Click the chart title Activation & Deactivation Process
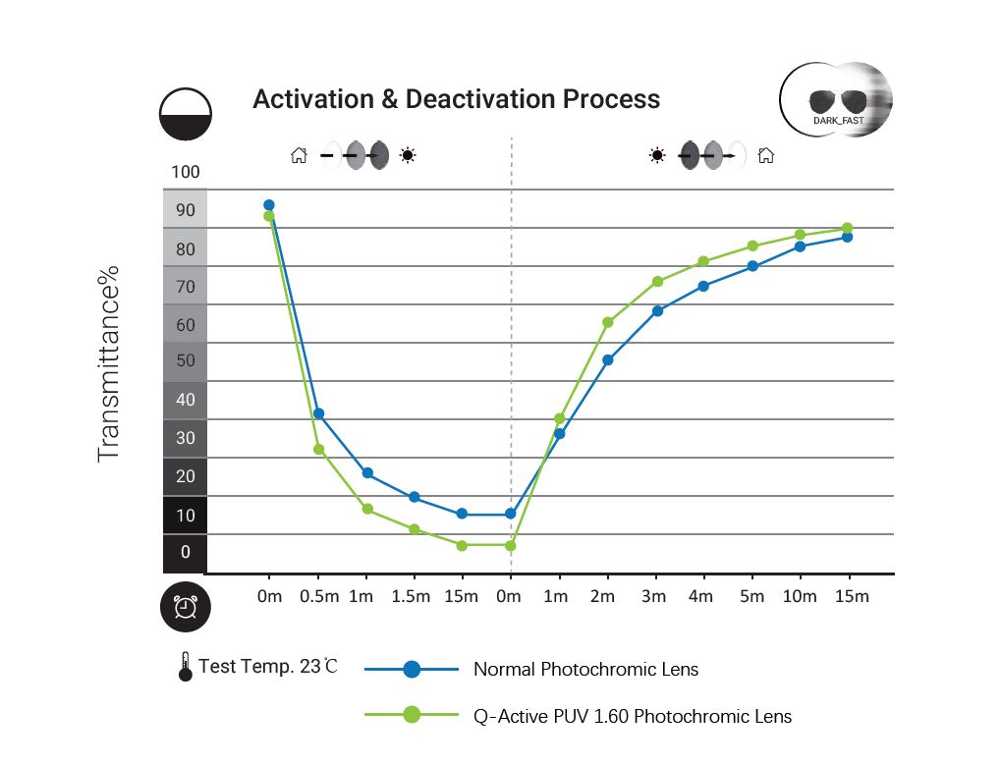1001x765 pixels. tap(456, 99)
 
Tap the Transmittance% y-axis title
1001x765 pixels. tap(108, 362)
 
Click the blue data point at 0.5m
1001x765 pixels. tap(318, 413)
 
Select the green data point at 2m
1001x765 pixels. tap(608, 322)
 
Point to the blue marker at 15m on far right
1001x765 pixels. tap(848, 237)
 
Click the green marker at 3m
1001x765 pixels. tap(657, 281)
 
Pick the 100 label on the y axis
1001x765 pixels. tap(185, 172)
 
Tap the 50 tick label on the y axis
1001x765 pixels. tap(185, 360)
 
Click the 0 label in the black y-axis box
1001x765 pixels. tap(185, 552)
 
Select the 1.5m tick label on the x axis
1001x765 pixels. tap(411, 597)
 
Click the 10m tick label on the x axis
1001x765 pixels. tap(800, 597)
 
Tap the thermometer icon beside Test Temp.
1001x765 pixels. tap(185, 667)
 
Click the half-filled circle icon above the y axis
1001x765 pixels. tap(186, 114)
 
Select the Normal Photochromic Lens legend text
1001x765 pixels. tap(585, 670)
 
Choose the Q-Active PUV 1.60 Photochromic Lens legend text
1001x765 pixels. tap(633, 716)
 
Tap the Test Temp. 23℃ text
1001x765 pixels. tap(267, 666)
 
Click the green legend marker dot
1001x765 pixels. tap(412, 715)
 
